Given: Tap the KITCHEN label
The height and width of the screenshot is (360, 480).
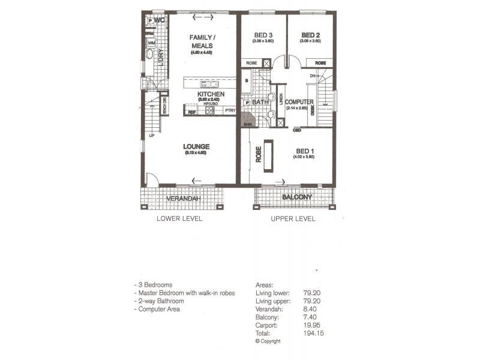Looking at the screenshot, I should click(211, 95).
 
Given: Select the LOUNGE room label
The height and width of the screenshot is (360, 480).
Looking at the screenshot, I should click(196, 146).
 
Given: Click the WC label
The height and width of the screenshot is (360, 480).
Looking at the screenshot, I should click(159, 21).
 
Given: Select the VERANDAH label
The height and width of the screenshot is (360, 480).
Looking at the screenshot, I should click(182, 199).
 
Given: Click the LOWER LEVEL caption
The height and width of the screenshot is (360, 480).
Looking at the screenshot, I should click(179, 218).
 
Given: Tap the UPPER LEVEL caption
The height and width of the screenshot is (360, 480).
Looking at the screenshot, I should click(293, 218).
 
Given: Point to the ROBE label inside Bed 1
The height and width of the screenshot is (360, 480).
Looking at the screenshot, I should click(259, 155).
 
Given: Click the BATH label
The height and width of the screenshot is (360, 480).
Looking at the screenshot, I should click(260, 103).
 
